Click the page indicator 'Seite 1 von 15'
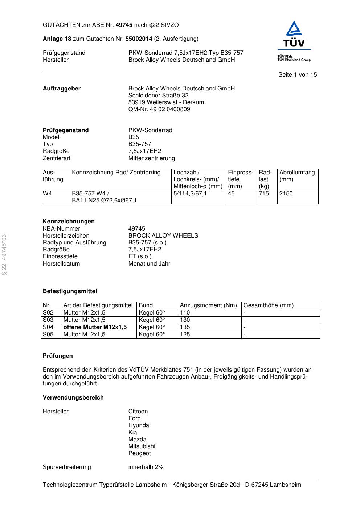(x=297, y=75)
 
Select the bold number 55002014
(x=139, y=39)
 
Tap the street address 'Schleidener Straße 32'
(x=158, y=96)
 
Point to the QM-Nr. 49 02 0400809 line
(x=159, y=109)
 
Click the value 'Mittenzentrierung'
(x=151, y=158)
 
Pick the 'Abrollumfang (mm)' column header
(x=297, y=176)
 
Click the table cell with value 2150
(x=286, y=194)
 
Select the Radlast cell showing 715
(x=264, y=194)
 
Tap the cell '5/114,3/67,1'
(x=190, y=194)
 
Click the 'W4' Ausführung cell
(x=48, y=194)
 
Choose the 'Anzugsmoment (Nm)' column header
(x=208, y=305)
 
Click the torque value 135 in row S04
(x=185, y=327)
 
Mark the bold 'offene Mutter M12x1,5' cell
(x=95, y=327)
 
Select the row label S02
(x=48, y=313)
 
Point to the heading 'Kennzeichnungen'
(x=69, y=222)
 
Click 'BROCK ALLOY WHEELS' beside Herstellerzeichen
(x=163, y=236)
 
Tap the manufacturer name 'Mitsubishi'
(x=142, y=446)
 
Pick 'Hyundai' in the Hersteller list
(x=139, y=425)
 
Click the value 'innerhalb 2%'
(x=146, y=467)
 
